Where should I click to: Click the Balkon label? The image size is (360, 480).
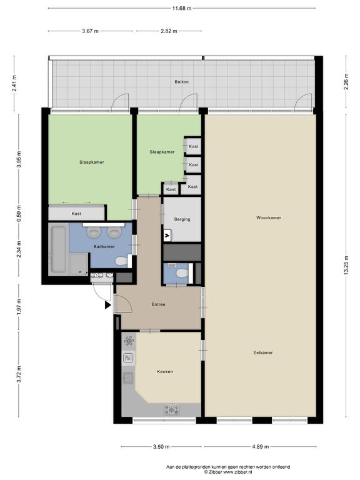pos(181,82)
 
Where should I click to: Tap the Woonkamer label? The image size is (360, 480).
pos(269,217)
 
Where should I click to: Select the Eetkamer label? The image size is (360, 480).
pos(263,352)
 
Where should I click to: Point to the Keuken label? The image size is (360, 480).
pos(165,371)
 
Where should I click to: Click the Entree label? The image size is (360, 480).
pos(158,304)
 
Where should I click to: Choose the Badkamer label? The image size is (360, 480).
pos(104,246)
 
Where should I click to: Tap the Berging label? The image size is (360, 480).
pos(182,219)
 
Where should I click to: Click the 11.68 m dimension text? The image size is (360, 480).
pos(181,8)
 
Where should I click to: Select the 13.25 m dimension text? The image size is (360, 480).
pos(346,265)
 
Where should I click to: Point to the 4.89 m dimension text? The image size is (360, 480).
pos(261,447)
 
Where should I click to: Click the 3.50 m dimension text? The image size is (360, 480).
pos(161,447)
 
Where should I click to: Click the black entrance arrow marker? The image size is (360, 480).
pos(107,305)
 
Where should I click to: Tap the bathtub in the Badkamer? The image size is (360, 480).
pos(58,249)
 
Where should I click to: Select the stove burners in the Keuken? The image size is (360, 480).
pos(171,409)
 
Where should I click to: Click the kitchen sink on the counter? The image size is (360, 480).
pos(128,377)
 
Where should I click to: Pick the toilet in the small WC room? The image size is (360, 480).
pos(182,272)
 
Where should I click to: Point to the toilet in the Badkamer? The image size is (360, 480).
pos(121,261)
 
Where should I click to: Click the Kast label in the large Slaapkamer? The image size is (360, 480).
pos(76,213)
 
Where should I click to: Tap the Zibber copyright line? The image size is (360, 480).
pos(228,472)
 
